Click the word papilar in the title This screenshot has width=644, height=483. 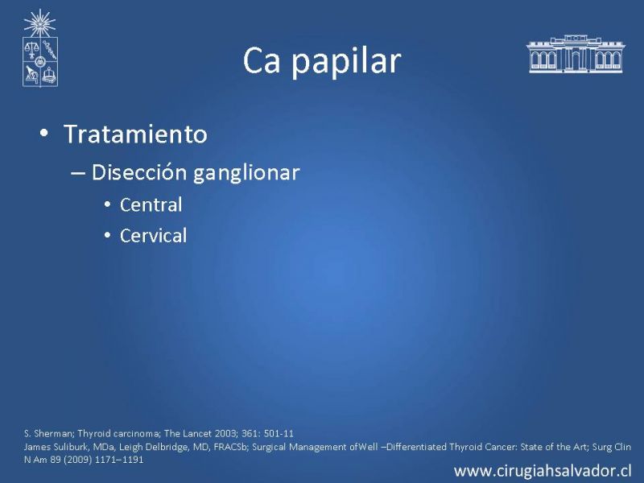[x=346, y=63]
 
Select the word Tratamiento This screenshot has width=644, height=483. [x=135, y=134]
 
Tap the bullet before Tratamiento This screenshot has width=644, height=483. [x=44, y=133]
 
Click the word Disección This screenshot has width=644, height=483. [x=139, y=171]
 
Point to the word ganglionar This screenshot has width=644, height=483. [x=246, y=173]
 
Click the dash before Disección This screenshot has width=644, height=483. [x=77, y=173]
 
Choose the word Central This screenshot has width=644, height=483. [x=151, y=204]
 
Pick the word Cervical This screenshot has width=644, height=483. [x=153, y=236]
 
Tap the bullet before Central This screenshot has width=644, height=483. [x=108, y=204]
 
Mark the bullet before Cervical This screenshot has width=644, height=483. [x=108, y=236]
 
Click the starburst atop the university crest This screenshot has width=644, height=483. [x=39, y=23]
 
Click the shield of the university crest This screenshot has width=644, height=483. [x=39, y=62]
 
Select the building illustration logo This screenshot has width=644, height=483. [x=576, y=54]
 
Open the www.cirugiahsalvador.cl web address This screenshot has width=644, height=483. [x=543, y=471]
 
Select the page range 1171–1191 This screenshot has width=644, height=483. [x=119, y=459]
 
